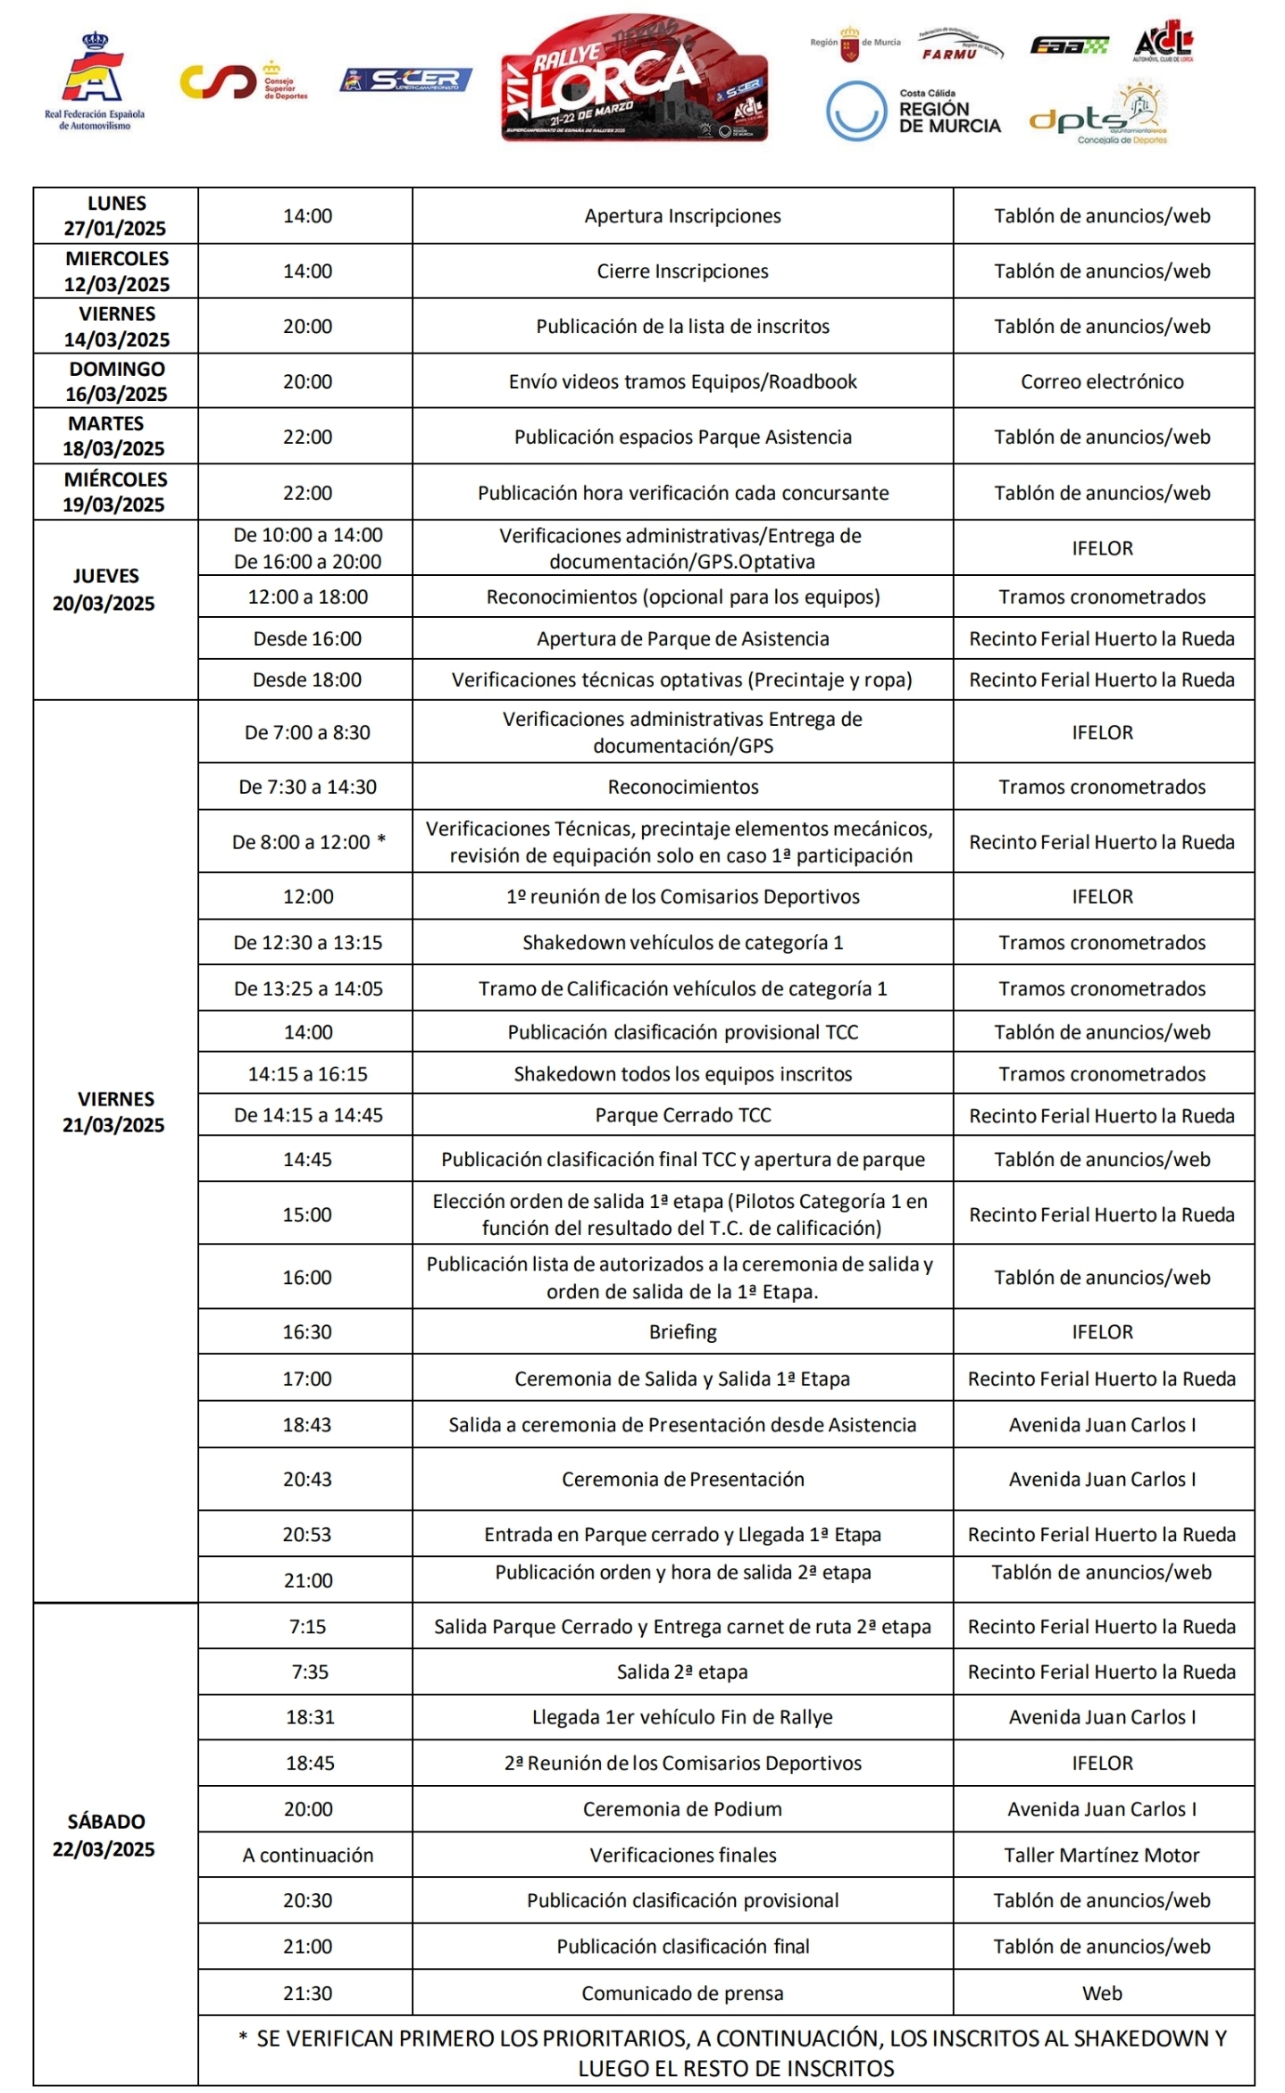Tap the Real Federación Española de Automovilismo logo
94,82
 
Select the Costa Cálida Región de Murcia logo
913,113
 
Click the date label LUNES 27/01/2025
115,216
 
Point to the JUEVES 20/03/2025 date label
104,590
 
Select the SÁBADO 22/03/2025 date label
104,1835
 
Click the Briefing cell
682,1331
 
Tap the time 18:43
307,1424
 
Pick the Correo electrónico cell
1102,382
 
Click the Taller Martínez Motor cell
1102,1855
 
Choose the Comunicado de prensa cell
682,1993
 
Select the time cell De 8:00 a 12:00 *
308,842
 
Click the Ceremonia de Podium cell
682,1809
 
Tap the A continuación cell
308,1855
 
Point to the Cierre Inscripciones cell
682,271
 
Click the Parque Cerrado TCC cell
682,1115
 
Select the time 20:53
307,1534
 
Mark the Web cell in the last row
1102,1993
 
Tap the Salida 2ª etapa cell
682,1672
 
